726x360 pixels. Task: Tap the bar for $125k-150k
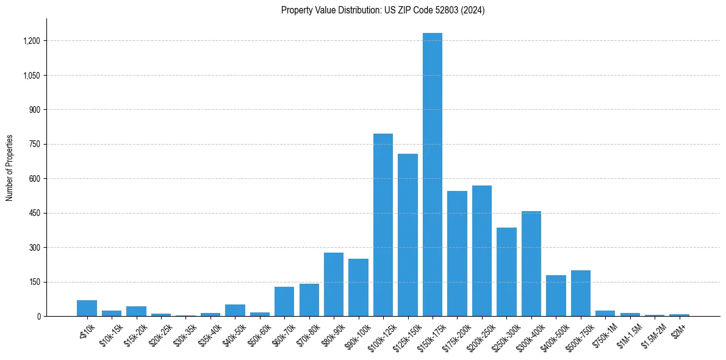pos(408,235)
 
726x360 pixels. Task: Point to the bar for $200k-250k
pos(481,251)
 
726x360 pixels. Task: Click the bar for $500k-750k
pos(580,293)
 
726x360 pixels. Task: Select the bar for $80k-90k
pos(333,284)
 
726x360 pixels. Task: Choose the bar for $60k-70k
pos(284,301)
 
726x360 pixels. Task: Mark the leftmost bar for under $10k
pos(87,308)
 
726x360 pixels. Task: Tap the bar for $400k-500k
pos(556,296)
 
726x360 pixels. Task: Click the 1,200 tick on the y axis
pos(31,41)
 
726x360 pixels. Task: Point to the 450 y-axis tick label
pos(34,214)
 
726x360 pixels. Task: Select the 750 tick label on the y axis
pos(34,145)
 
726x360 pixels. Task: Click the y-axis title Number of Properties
pos(10,167)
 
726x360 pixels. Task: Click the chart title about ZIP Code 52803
pos(383,10)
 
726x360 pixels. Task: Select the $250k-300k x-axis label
pos(503,336)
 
